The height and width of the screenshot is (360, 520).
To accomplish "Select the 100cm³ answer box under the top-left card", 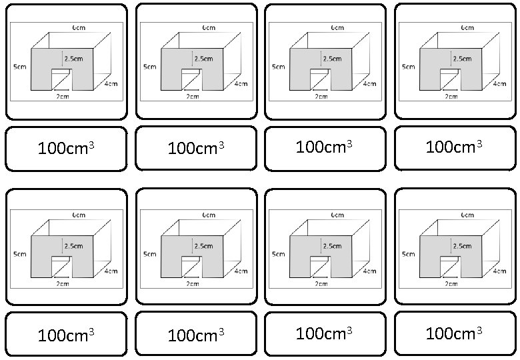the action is point(66,148).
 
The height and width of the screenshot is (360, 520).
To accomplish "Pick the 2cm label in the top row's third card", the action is point(321,97).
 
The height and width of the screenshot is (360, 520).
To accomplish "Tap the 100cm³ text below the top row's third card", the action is point(324,145).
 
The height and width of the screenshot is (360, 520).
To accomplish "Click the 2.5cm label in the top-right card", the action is point(463,59).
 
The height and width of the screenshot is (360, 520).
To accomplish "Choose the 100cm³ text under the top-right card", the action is point(454,145).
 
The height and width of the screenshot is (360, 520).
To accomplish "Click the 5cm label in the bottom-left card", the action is point(19,254).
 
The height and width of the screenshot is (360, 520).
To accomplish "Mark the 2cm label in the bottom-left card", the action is point(63,284).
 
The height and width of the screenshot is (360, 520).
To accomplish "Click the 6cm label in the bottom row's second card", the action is point(209,215).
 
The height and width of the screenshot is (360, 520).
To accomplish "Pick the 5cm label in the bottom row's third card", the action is point(277,254).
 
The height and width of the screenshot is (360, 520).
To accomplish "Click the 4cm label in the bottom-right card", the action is point(499,271).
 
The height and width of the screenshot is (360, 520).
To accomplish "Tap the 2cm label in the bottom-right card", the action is point(452,284).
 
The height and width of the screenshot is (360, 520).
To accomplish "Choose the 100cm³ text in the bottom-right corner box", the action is point(454,333).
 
